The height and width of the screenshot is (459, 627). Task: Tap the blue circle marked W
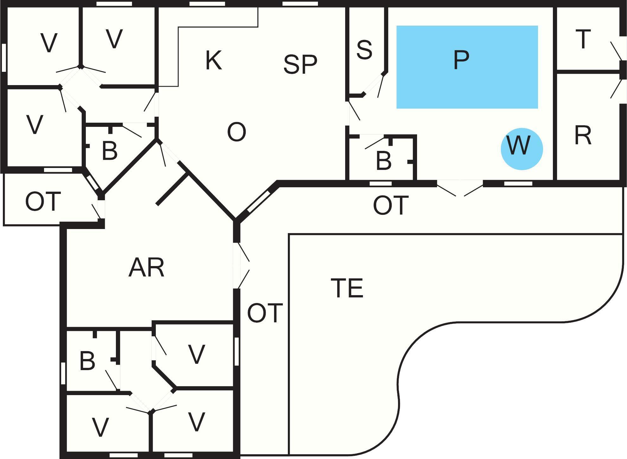click(522, 149)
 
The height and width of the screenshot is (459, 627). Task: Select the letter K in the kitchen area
click(213, 60)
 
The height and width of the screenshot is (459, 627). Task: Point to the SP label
click(300, 64)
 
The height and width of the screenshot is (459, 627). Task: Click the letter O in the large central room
click(237, 132)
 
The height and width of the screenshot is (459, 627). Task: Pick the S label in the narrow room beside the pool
click(364, 50)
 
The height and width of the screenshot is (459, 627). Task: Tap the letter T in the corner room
click(583, 39)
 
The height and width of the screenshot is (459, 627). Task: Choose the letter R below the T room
click(583, 136)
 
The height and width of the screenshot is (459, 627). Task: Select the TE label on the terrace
click(347, 288)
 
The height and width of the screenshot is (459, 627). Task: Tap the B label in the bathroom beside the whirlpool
click(383, 161)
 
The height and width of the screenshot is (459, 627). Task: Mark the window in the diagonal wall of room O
click(259, 202)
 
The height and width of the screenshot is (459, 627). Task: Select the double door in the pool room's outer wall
click(460, 187)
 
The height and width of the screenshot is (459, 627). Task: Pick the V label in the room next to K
click(114, 39)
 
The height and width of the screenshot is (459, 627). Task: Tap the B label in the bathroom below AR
click(87, 361)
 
